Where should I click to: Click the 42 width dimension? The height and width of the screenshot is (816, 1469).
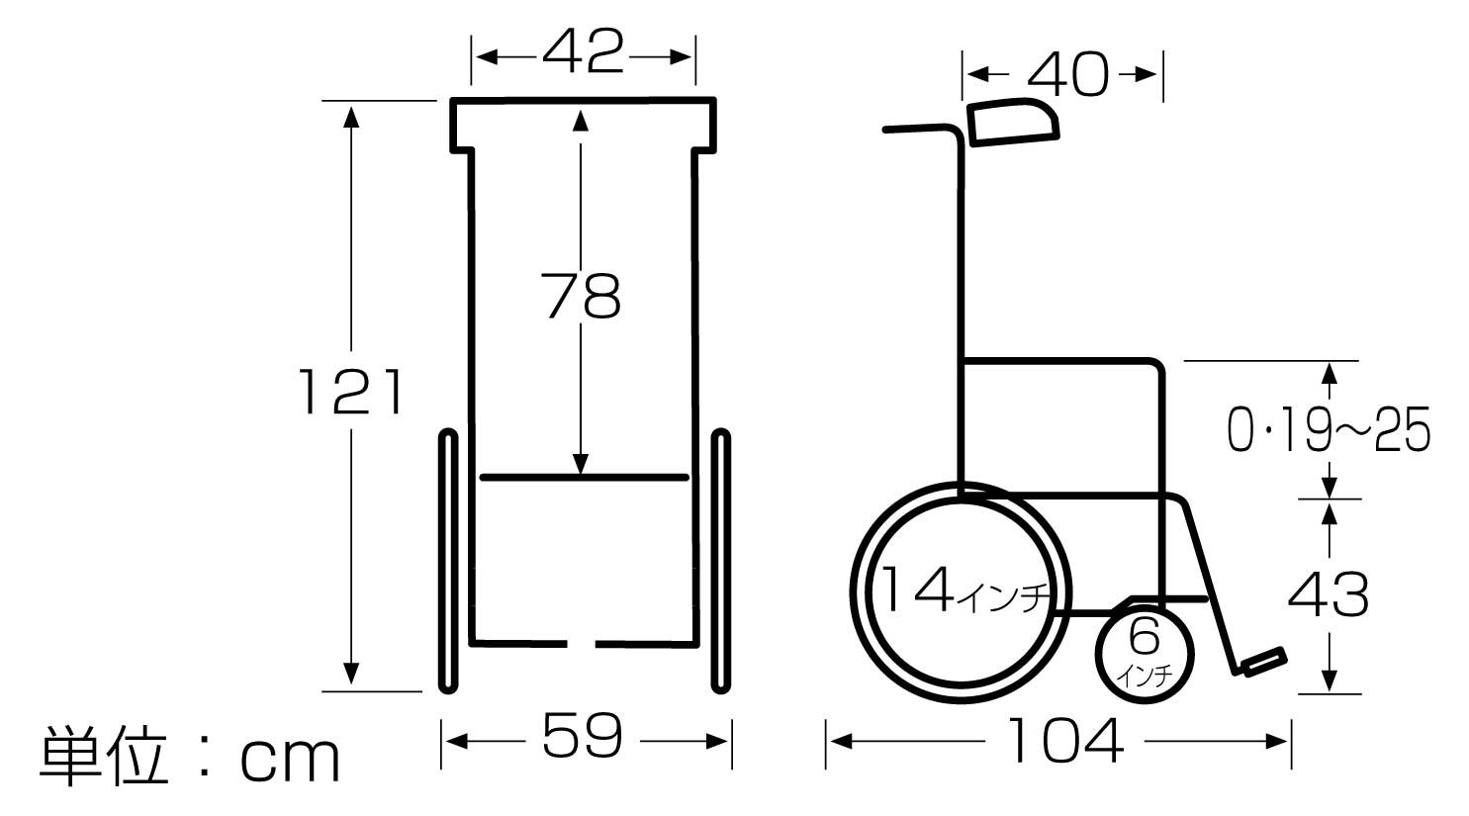click(x=583, y=51)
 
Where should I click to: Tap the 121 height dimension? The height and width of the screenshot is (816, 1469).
click(x=350, y=393)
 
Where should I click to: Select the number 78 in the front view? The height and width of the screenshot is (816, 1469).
click(x=581, y=297)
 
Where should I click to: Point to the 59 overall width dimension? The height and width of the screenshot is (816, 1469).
click(x=583, y=735)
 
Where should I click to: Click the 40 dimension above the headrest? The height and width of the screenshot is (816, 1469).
click(x=1067, y=75)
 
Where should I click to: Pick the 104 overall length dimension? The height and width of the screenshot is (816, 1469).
click(x=1065, y=741)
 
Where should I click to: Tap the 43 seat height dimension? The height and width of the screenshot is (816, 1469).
click(x=1329, y=594)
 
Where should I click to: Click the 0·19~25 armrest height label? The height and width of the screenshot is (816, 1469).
click(x=1329, y=429)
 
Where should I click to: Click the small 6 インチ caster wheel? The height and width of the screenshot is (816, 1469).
click(x=1144, y=654)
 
